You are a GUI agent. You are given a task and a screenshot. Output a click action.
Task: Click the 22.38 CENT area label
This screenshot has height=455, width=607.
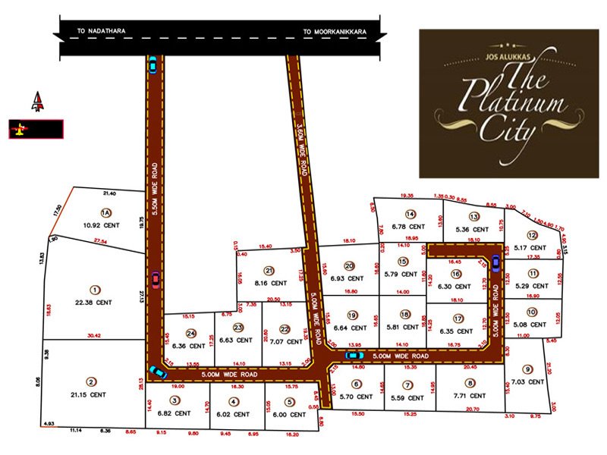[x=95, y=303]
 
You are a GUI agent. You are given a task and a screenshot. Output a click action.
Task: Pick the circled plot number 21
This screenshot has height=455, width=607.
[x=269, y=271]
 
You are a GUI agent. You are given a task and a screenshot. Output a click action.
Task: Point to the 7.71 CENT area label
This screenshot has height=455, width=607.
[x=471, y=395]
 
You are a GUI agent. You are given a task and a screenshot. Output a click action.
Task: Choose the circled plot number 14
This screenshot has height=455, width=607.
[x=410, y=214]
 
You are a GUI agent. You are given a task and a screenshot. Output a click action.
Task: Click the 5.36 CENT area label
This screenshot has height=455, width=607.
[x=473, y=229]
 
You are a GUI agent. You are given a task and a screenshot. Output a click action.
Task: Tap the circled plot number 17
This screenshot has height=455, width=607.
[x=457, y=318]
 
